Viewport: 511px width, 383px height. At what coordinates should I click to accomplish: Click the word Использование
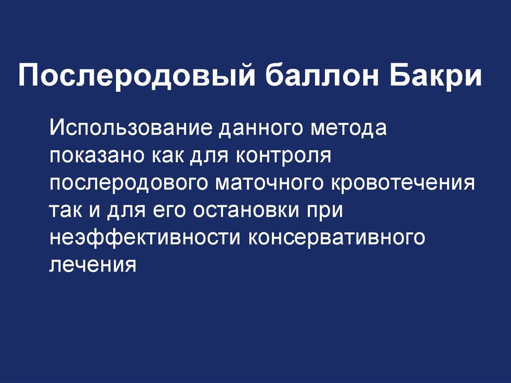point(131,129)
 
